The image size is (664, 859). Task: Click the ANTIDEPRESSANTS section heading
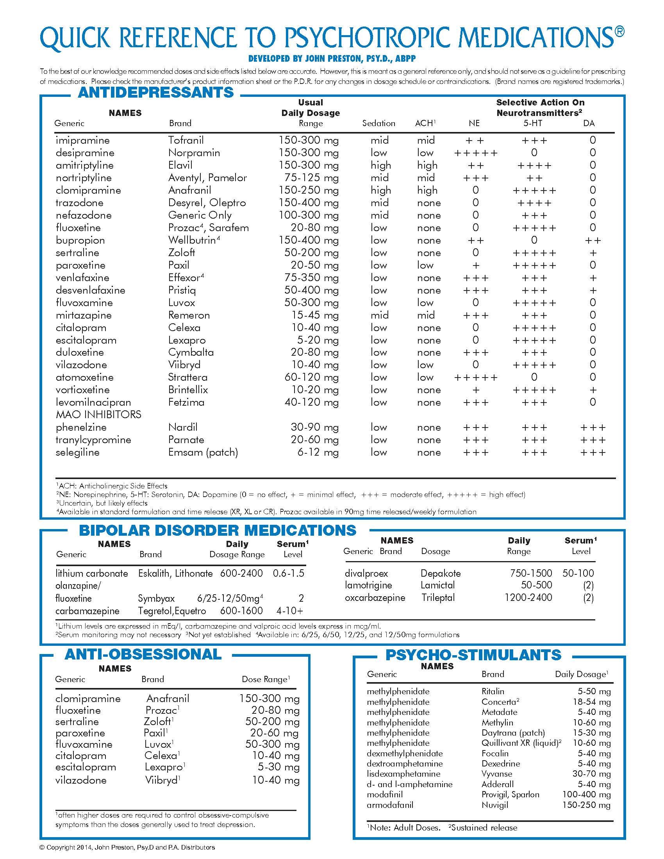coord(156,93)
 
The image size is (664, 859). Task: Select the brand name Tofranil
coord(186,141)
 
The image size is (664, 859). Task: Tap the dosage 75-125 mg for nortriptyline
coord(311,178)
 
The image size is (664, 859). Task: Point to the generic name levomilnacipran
coord(93,402)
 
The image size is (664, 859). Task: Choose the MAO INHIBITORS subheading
coord(98,415)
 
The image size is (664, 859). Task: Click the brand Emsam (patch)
coord(203,452)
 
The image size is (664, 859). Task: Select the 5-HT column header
coord(533,123)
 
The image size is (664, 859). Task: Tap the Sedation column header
coord(378,123)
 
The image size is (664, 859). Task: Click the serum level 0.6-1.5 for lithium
coord(288,573)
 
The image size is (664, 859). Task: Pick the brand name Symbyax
coord(156,598)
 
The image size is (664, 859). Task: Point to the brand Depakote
coord(441,573)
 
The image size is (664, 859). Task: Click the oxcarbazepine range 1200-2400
coord(528,597)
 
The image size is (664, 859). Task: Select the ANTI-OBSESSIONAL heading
coord(143,654)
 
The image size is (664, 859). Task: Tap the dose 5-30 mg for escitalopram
coord(278,767)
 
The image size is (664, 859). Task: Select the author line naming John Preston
coord(332,59)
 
